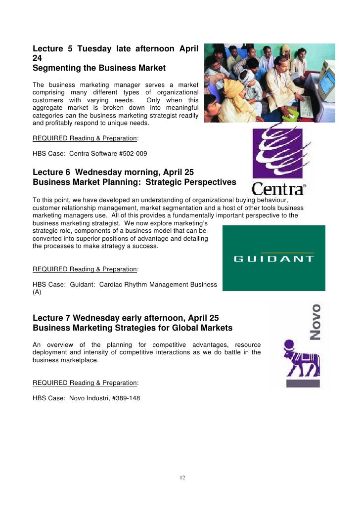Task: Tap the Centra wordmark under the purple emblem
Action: [x=278, y=188]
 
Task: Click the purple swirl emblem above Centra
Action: [x=277, y=152]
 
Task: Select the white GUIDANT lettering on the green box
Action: [x=273, y=258]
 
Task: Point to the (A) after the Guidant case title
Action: [x=37, y=292]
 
